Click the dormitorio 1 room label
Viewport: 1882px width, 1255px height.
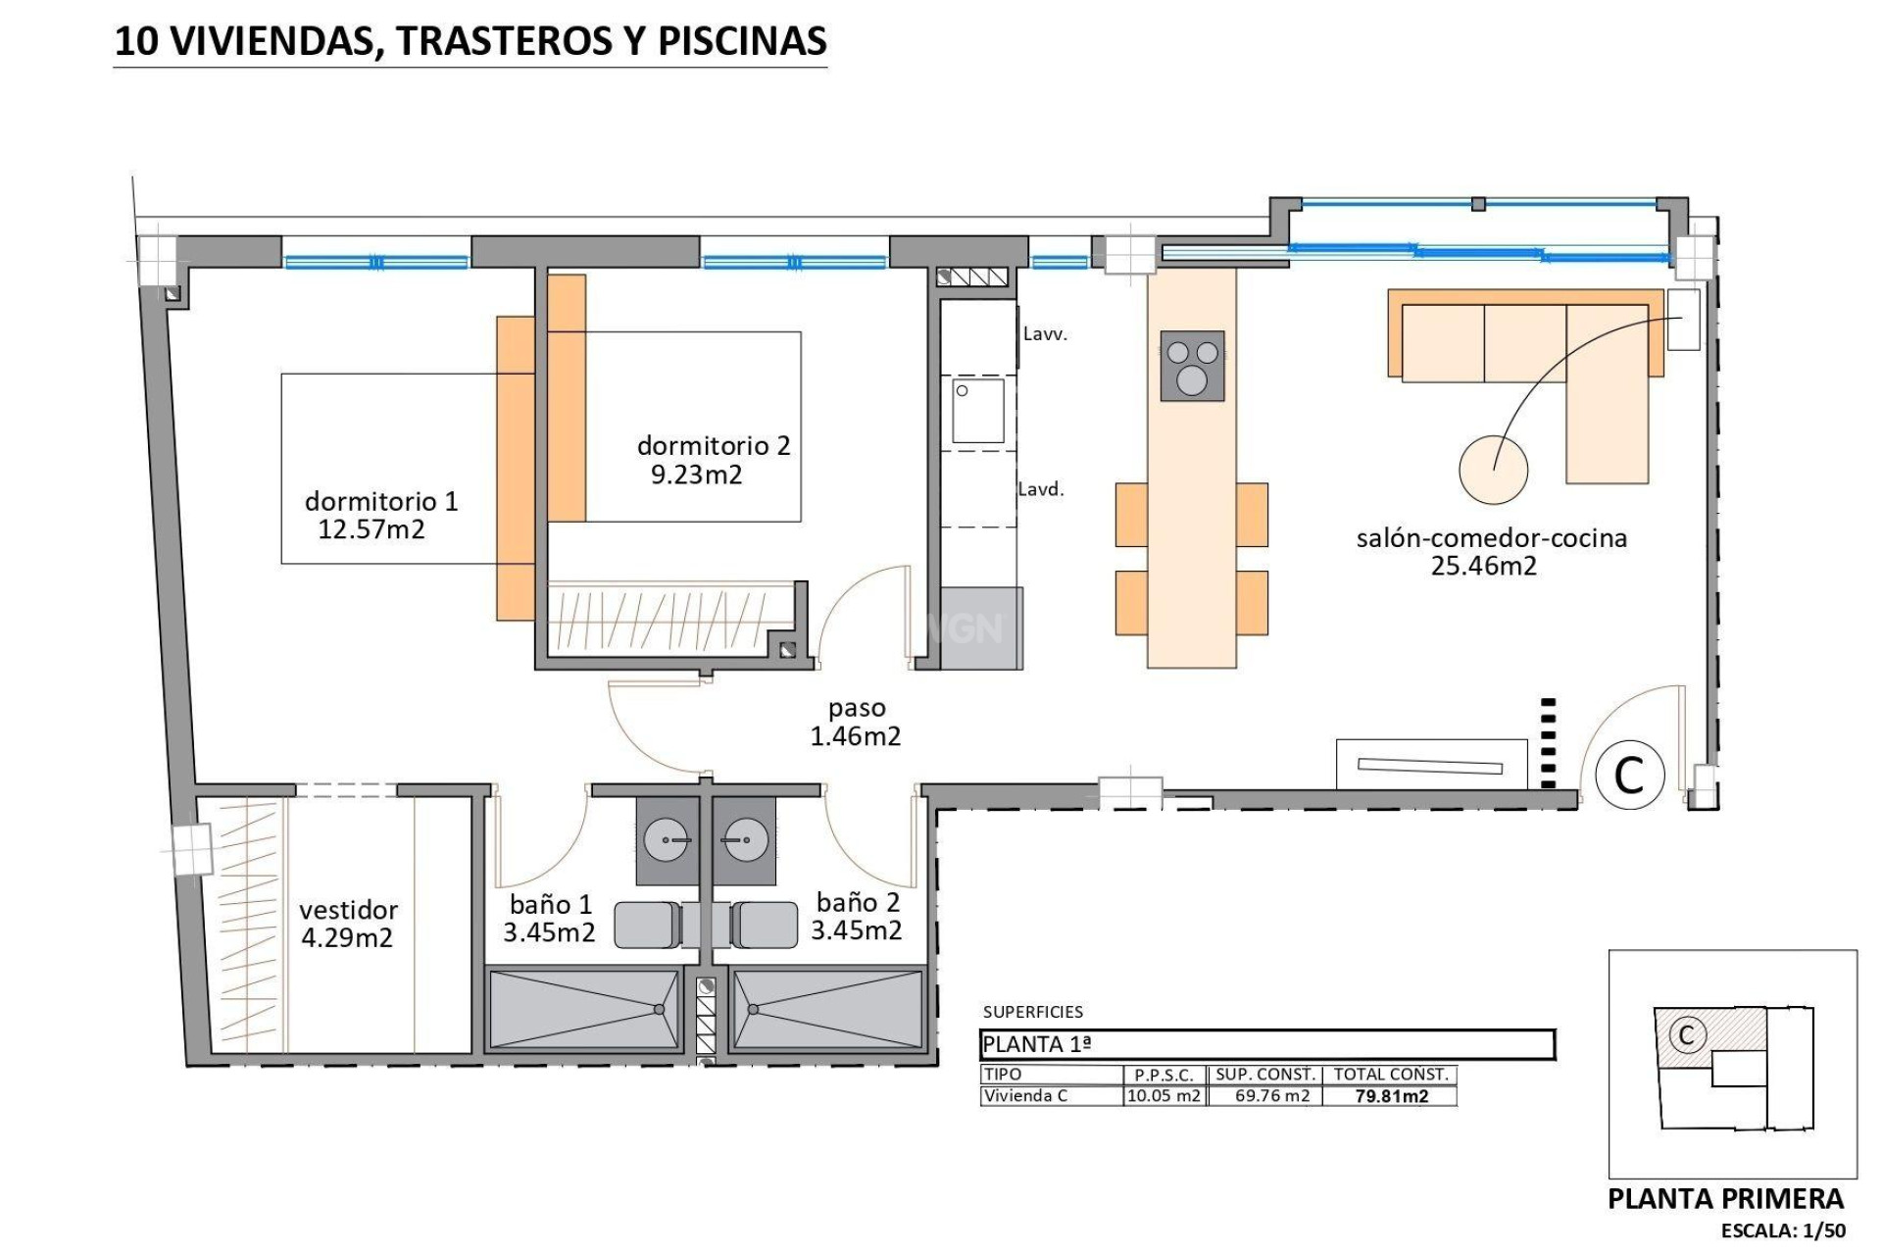[381, 501]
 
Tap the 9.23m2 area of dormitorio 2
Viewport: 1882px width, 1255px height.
[696, 476]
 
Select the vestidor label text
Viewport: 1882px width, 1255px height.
[348, 910]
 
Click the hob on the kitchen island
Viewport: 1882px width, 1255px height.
[1192, 366]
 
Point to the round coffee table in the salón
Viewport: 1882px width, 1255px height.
[1493, 470]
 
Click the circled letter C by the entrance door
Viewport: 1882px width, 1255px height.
[1629, 775]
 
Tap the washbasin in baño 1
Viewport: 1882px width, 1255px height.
[668, 840]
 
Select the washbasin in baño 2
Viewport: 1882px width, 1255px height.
[744, 840]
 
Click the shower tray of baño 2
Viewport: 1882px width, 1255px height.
[827, 1009]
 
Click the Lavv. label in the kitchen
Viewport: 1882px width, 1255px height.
[1045, 334]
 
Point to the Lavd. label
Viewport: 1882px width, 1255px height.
[1041, 489]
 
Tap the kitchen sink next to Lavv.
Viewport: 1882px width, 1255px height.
[978, 411]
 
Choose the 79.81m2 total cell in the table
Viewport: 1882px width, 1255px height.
[1390, 1096]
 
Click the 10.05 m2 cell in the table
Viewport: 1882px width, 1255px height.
[1164, 1096]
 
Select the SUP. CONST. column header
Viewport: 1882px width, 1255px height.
[1265, 1075]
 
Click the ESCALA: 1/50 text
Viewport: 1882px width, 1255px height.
[1783, 1230]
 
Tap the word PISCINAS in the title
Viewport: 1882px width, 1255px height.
[741, 41]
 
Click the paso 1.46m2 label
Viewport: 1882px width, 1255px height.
[856, 722]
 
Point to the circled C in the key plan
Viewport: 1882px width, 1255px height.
[1686, 1034]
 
